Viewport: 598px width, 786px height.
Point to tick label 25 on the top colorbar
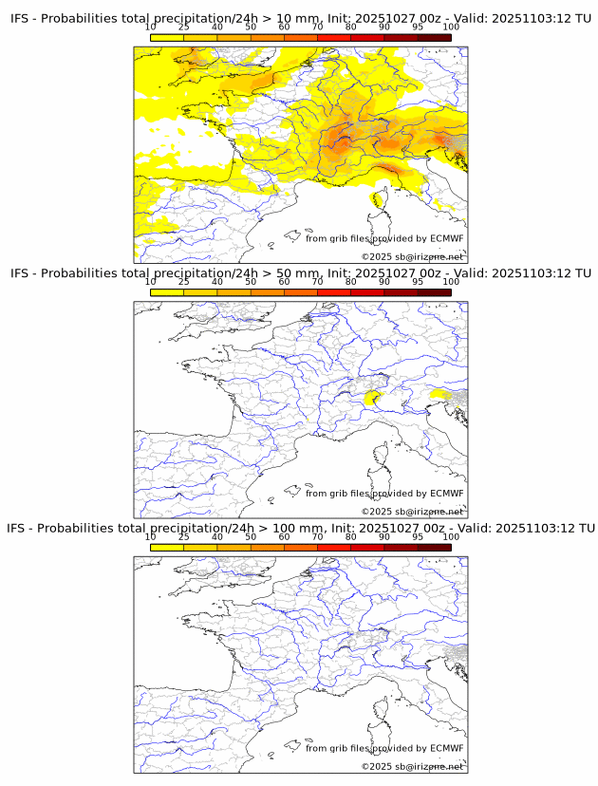[x=184, y=28]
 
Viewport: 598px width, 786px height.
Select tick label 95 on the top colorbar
[x=418, y=28]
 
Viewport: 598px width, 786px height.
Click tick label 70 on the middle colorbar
[x=318, y=282]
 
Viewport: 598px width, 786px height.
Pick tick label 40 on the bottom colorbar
[x=217, y=537]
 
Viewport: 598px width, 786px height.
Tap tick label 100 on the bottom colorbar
[x=451, y=537]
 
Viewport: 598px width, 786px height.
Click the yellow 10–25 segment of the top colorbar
[x=167, y=38]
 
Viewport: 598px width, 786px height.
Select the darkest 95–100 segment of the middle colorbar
[x=435, y=292]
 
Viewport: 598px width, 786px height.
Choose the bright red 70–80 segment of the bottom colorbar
[x=334, y=547]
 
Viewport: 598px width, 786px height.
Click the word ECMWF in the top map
[x=446, y=239]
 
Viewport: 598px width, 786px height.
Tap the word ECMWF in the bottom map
[x=446, y=748]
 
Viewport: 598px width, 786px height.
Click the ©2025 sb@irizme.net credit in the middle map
[x=412, y=512]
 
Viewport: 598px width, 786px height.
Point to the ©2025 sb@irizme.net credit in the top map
[x=412, y=257]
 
